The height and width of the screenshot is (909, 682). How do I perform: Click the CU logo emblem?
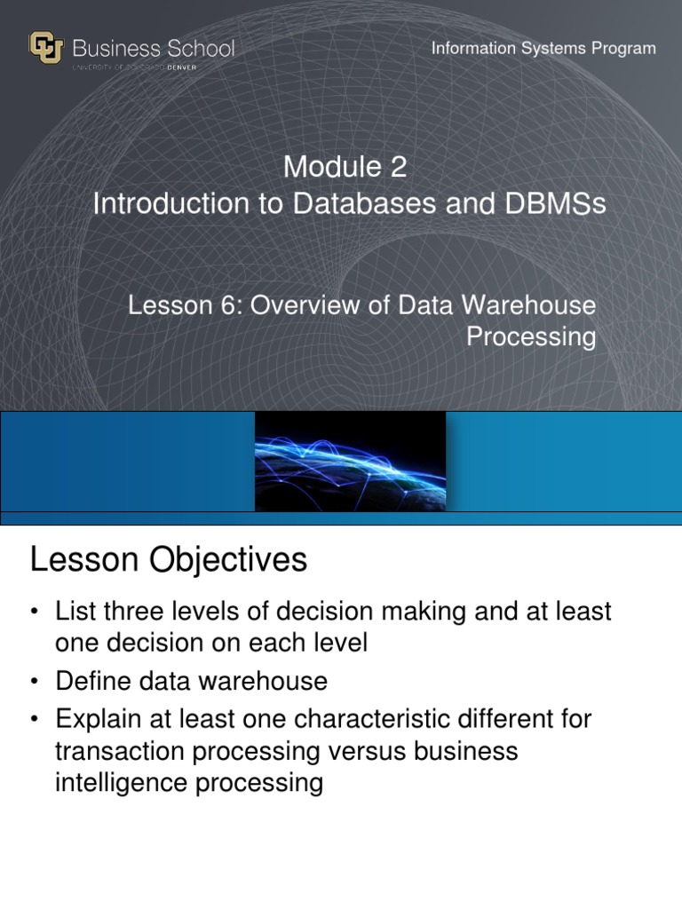46,47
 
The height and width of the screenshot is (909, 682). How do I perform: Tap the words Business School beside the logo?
154,48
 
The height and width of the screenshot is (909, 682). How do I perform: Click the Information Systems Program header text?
543,48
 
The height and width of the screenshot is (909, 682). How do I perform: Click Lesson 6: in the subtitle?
184,305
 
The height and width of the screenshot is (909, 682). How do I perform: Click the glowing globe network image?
350,461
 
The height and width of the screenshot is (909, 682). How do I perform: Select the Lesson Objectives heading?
169,559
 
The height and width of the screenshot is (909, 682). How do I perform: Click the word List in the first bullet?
74,613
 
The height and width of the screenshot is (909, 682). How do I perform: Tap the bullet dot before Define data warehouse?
35,682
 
